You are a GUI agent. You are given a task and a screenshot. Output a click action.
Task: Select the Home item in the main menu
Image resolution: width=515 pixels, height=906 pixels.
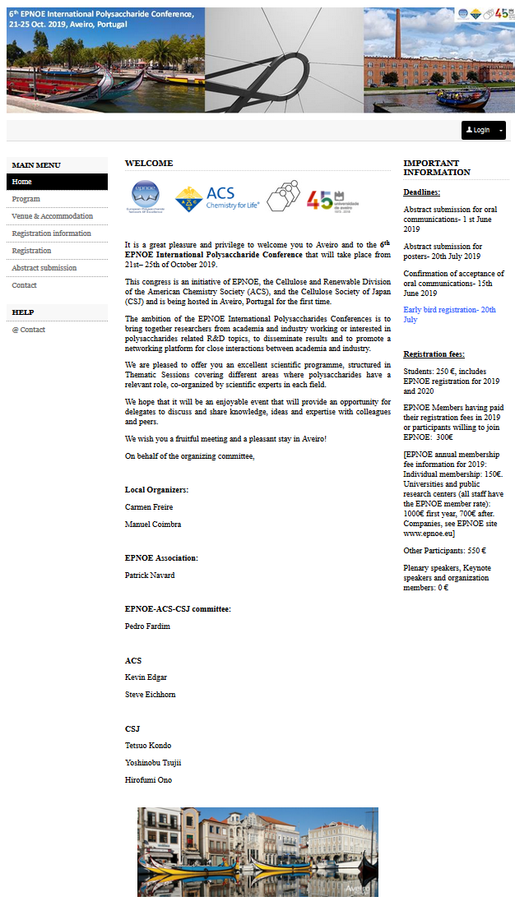(x=22, y=182)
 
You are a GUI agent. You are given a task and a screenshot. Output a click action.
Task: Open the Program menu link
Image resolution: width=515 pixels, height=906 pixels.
(x=26, y=199)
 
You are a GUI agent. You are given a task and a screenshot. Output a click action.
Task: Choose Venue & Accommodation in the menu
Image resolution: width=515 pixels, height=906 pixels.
(x=53, y=216)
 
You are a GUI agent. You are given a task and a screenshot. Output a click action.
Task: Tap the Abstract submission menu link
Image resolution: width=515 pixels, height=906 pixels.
(x=44, y=268)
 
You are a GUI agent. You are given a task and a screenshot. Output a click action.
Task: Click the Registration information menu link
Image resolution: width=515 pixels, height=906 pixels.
(x=52, y=233)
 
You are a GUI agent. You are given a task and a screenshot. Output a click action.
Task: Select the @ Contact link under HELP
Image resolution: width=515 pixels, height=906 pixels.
(x=29, y=330)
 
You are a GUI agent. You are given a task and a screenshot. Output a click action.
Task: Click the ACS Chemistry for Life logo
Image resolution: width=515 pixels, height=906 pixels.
(x=217, y=198)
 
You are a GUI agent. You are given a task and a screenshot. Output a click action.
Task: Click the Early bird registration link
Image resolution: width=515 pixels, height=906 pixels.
(x=449, y=315)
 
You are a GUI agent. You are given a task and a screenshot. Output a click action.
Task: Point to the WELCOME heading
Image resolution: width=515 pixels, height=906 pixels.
(x=149, y=164)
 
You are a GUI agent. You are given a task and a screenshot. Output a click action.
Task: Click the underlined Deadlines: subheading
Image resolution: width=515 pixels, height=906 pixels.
(x=421, y=192)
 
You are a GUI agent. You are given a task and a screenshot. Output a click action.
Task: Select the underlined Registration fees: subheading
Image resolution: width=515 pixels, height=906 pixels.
(x=434, y=354)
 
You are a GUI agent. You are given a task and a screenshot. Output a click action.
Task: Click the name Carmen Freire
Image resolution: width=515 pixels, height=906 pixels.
(x=149, y=507)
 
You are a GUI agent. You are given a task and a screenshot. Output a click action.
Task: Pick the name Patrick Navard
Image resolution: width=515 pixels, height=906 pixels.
(x=150, y=575)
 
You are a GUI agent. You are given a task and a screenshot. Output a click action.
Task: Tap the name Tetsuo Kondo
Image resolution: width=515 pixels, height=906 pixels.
(x=148, y=746)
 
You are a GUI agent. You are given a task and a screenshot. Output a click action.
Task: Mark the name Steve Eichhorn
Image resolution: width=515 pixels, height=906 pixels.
(x=150, y=695)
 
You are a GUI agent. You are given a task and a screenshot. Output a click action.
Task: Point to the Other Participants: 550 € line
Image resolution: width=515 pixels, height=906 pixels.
(x=444, y=550)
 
